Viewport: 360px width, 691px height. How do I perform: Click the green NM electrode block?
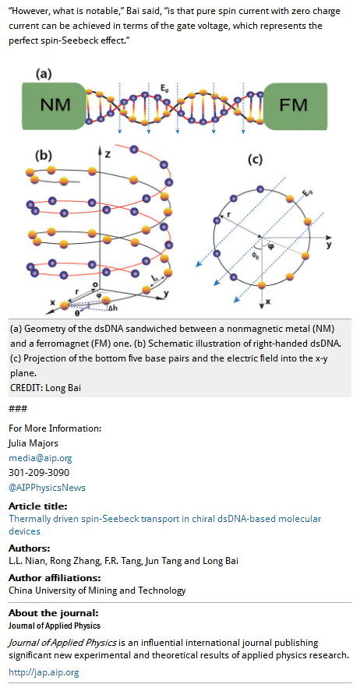click(53, 106)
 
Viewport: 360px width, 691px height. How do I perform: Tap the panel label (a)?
click(44, 74)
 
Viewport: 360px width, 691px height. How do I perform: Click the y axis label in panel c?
click(329, 244)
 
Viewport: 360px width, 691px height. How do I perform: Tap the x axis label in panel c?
click(268, 303)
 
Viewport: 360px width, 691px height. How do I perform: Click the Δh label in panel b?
click(113, 308)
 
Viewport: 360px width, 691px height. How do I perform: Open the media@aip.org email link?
click(40, 458)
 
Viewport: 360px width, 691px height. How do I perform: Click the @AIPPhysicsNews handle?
click(48, 488)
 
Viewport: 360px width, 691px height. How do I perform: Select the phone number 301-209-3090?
click(39, 472)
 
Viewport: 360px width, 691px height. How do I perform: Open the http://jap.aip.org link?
click(44, 672)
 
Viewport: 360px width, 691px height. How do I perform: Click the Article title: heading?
click(38, 506)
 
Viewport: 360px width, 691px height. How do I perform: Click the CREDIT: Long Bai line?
click(45, 388)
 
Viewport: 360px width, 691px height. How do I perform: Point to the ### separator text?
click(18, 409)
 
